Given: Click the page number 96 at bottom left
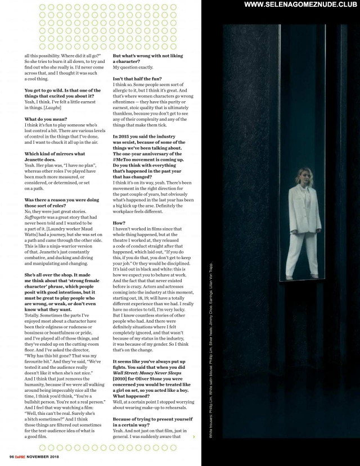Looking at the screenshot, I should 11,455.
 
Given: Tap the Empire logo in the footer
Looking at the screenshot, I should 22,455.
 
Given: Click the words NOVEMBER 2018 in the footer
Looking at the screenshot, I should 48,455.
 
